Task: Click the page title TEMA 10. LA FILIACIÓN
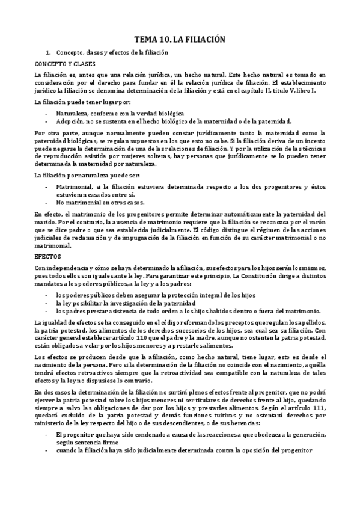click(x=179, y=38)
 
